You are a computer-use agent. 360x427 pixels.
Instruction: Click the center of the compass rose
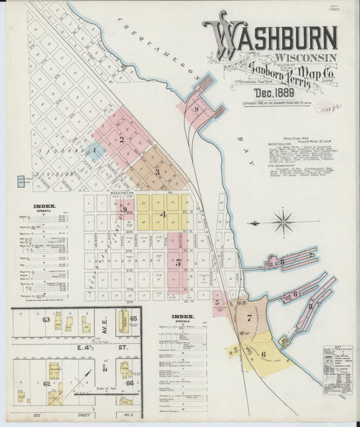pyautogui.click(x=282, y=222)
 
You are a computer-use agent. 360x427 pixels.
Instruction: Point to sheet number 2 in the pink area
pyautogui.click(x=122, y=140)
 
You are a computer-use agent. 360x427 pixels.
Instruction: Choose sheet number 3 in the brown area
pyautogui.click(x=157, y=172)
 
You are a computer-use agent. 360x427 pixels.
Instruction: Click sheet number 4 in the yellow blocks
pyautogui.click(x=163, y=214)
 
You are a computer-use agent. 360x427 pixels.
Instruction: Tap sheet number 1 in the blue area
pyautogui.click(x=95, y=150)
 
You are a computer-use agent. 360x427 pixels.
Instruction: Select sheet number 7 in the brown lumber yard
pyautogui.click(x=249, y=317)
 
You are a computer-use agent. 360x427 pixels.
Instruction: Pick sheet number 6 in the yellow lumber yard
pyautogui.click(x=263, y=353)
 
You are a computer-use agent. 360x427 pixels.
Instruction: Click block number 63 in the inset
pyautogui.click(x=46, y=319)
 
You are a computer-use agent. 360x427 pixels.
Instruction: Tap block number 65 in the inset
pyautogui.click(x=134, y=318)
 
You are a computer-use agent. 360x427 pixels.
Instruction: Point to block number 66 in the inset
pyautogui.click(x=129, y=383)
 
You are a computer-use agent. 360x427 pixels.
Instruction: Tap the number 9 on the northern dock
pyautogui.click(x=196, y=109)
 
